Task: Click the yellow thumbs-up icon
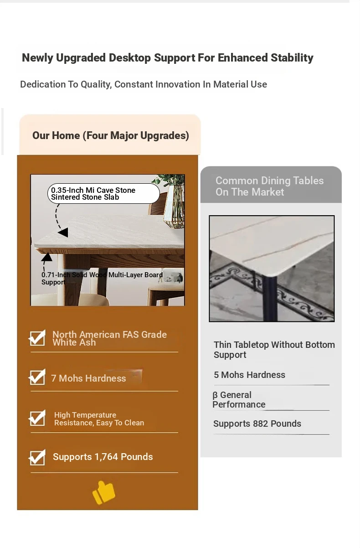[x=104, y=492]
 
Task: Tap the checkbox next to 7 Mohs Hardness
[x=37, y=377]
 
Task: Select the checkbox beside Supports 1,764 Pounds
[x=37, y=457]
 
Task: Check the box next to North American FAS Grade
[x=37, y=338]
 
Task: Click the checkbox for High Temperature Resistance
[x=37, y=418]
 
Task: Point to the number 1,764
[x=106, y=457]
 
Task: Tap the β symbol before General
[x=215, y=395]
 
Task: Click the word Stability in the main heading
[x=292, y=58]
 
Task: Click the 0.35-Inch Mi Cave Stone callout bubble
[x=103, y=193]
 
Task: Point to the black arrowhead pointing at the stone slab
[x=63, y=233]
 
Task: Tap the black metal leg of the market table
[x=270, y=298]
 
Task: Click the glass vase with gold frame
[x=174, y=206]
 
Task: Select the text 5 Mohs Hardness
[x=249, y=375]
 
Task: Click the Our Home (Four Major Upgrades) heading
[x=111, y=136]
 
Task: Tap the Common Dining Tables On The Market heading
[x=269, y=186]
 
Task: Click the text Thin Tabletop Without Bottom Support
[x=274, y=350]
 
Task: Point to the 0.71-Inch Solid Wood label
[x=102, y=279]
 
